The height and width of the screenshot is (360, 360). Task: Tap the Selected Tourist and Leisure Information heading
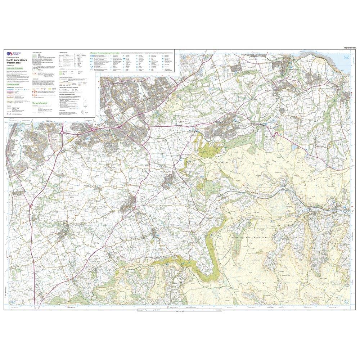(105, 53)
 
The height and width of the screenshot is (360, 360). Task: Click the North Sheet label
(350, 48)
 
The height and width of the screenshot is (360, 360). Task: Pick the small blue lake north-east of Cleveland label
(294, 147)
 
